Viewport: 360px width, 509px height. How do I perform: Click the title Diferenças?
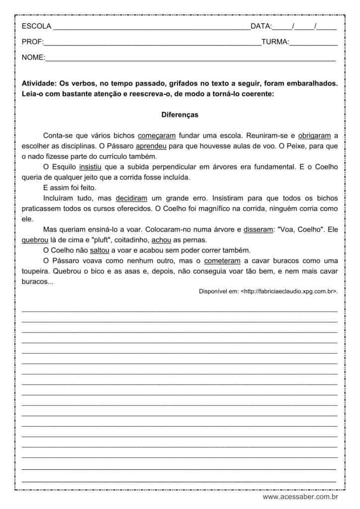[180, 115]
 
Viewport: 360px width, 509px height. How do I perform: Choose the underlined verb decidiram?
[131, 198]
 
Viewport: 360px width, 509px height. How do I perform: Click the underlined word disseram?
[259, 229]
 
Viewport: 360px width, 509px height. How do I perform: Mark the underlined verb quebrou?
[34, 240]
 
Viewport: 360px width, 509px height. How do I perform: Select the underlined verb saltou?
[99, 250]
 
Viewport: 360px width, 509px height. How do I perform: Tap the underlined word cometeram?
[222, 260]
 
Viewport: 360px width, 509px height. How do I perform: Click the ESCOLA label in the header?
[35, 26]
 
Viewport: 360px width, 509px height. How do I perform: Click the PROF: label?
[33, 42]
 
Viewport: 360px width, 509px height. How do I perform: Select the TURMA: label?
[275, 42]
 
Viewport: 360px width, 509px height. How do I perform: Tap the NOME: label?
[33, 58]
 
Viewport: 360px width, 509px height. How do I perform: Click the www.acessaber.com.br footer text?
[300, 497]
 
